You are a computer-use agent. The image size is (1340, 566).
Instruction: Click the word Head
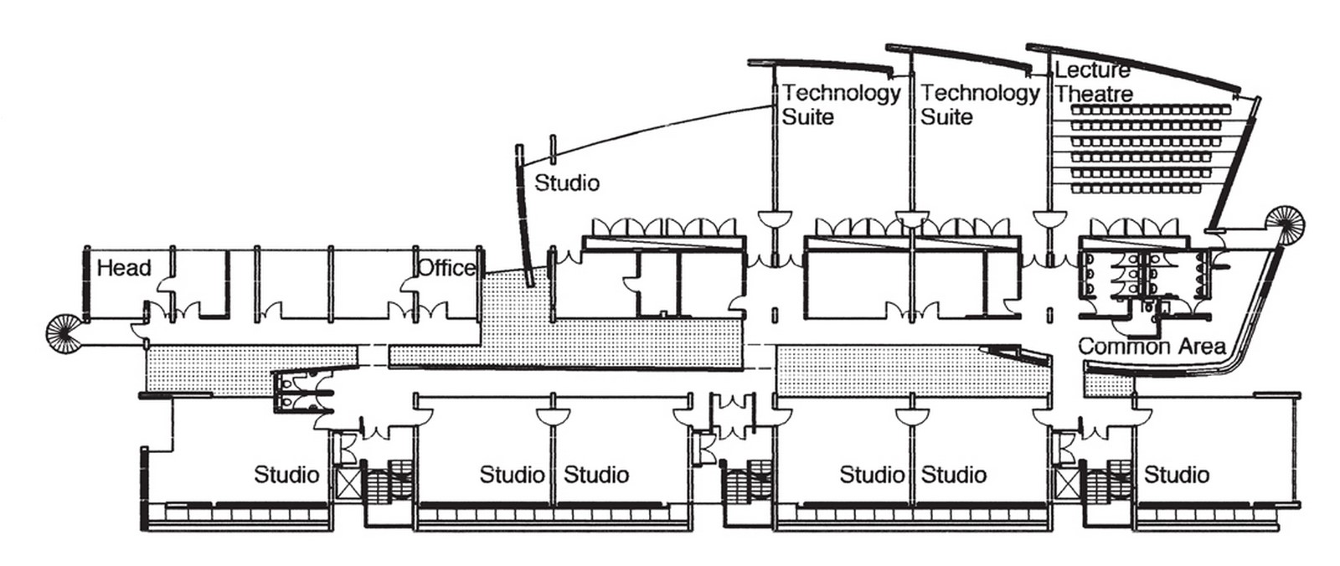pyautogui.click(x=124, y=267)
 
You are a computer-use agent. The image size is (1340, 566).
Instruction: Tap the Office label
pyautogui.click(x=447, y=267)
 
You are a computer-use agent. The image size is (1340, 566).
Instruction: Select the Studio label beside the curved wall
pyautogui.click(x=566, y=183)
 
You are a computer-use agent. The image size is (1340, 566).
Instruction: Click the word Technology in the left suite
pyautogui.click(x=841, y=93)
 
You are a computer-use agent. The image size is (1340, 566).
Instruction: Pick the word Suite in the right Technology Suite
pyautogui.click(x=946, y=116)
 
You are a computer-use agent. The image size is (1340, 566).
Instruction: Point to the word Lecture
pyautogui.click(x=1092, y=70)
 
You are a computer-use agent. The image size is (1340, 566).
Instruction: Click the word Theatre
pyautogui.click(x=1094, y=94)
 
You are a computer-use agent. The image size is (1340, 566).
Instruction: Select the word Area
pyautogui.click(x=1201, y=346)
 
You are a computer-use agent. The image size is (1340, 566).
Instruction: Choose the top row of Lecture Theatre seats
pyautogui.click(x=1152, y=110)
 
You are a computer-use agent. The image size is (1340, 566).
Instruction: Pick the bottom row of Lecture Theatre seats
pyautogui.click(x=1136, y=189)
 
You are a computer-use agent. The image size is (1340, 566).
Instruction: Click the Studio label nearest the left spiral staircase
pyautogui.click(x=286, y=475)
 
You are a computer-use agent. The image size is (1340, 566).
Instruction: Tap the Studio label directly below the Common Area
pyautogui.click(x=1177, y=475)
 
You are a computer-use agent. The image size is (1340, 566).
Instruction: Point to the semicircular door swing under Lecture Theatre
pyautogui.click(x=1050, y=219)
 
